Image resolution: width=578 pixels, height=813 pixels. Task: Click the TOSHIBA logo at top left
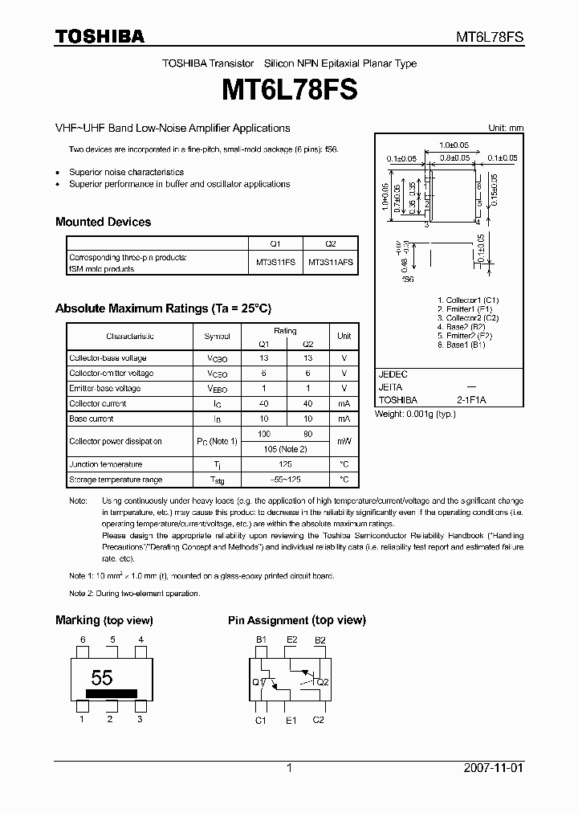click(100, 36)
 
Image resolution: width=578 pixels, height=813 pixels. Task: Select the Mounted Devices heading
click(103, 222)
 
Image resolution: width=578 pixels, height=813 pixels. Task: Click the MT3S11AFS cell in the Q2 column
click(330, 263)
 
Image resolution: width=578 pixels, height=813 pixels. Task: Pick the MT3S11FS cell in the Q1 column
click(275, 263)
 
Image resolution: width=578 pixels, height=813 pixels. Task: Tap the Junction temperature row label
click(106, 464)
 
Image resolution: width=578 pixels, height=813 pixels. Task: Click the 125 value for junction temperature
click(285, 464)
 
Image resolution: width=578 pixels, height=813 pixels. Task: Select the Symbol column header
click(217, 336)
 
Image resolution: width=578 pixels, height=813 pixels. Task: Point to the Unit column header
click(344, 336)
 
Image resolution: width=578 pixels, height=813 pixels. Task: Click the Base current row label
click(92, 419)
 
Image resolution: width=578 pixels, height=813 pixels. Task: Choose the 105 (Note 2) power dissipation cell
click(285, 448)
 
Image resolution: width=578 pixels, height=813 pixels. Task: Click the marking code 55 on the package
click(101, 676)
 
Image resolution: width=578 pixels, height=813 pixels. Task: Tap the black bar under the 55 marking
click(111, 692)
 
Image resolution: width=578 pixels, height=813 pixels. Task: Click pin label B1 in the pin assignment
click(261, 639)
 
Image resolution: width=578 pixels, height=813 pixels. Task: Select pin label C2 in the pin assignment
click(318, 721)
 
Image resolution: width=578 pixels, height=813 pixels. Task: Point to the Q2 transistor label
click(323, 682)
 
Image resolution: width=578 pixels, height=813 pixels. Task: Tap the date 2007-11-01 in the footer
click(493, 768)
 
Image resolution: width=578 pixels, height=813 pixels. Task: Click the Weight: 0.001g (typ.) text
click(415, 414)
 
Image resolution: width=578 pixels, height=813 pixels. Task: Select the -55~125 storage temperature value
click(285, 480)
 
